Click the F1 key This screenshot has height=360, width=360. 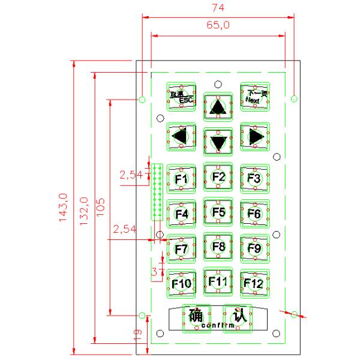(x=181, y=179)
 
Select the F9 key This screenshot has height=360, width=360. (x=254, y=247)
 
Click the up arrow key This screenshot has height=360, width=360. (x=218, y=107)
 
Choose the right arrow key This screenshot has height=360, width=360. (x=255, y=136)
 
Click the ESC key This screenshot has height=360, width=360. (x=181, y=97)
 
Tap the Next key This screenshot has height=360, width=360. (x=255, y=96)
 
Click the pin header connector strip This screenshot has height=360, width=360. (x=158, y=192)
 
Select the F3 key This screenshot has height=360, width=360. (x=254, y=178)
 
